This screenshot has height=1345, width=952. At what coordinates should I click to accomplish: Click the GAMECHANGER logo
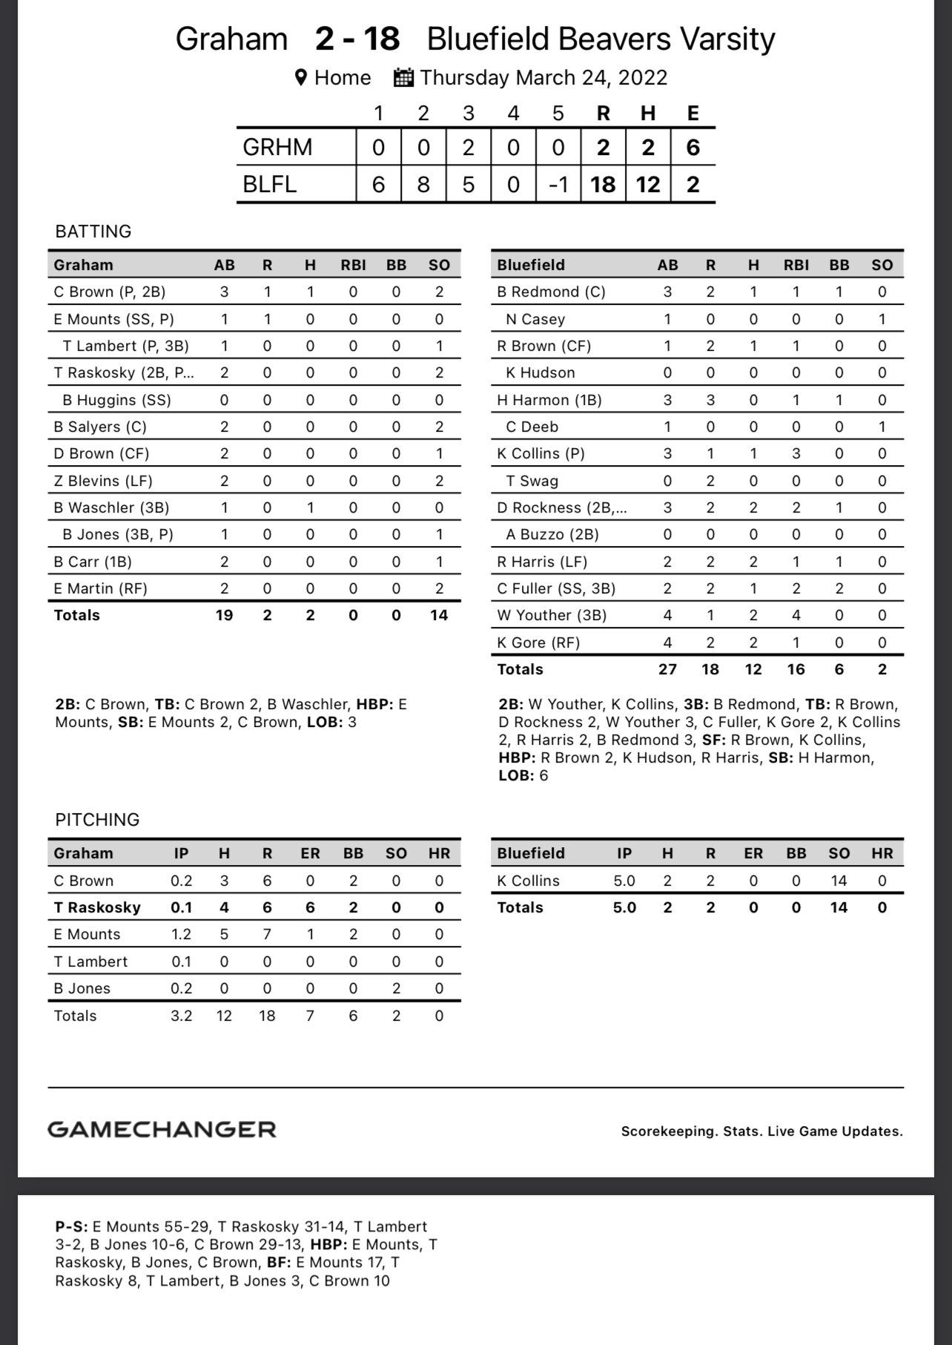pos(162,1129)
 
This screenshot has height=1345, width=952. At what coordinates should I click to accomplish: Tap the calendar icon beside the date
pos(403,78)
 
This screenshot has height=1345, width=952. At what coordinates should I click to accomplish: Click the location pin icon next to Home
pos(301,78)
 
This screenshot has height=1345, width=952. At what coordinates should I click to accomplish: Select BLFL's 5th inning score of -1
pos(558,184)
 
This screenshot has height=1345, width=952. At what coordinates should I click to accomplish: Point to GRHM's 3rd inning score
pos(468,147)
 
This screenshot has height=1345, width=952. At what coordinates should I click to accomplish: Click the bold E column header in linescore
pos(692,113)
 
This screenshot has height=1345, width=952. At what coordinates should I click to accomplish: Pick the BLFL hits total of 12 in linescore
pos(647,184)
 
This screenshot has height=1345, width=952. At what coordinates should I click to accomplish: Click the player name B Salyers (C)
pos(100,427)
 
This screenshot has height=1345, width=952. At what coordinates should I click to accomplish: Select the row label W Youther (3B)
pos(552,615)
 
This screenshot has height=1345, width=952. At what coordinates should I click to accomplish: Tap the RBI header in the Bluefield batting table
pos(796,265)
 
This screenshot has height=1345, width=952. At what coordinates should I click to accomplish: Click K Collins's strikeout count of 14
pos(839,881)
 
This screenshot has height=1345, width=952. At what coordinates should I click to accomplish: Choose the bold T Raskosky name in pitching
pos(97,907)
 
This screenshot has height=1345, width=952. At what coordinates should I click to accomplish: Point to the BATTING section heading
pos(93,231)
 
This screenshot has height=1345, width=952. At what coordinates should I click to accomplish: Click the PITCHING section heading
pos(97,820)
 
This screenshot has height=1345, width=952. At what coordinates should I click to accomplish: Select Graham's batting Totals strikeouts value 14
pos(439,615)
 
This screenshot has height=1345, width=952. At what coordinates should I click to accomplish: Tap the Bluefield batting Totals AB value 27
pos(667,669)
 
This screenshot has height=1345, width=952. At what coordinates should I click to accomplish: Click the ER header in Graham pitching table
pos(310,853)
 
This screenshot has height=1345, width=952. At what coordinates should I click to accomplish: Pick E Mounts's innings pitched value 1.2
pos(181,934)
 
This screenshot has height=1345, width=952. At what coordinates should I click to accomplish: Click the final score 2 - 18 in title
pos(357,39)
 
